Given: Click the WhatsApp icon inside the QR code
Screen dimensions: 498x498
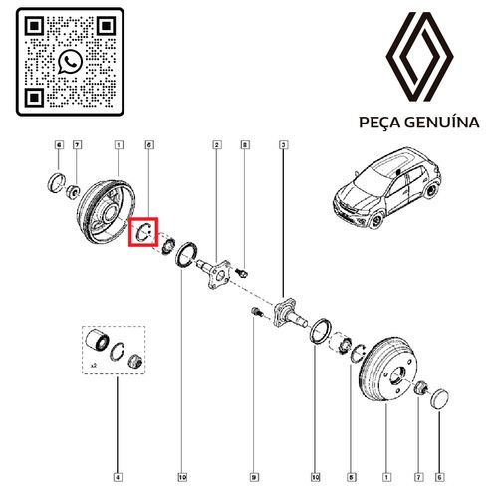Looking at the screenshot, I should point(68,63).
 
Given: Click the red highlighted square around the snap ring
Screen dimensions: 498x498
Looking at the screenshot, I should point(145,232).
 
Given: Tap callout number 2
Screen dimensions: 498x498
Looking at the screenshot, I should point(216,147).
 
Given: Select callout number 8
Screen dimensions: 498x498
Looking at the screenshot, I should point(246,147).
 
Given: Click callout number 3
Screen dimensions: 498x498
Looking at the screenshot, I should point(284,147).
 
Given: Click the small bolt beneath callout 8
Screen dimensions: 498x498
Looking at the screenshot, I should point(247,273).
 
